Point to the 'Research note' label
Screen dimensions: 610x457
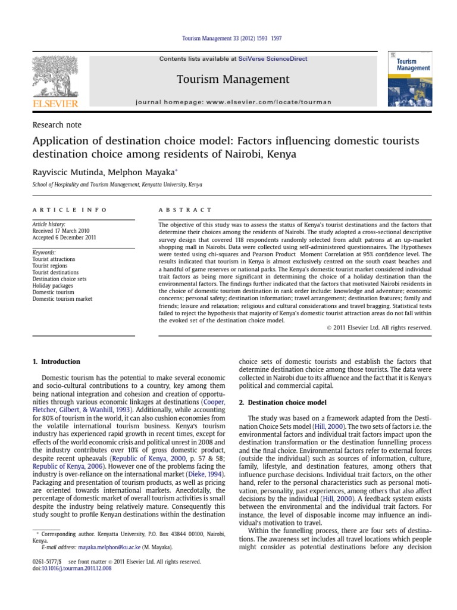[x=57, y=125]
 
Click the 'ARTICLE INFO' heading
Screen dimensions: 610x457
[x=70, y=210]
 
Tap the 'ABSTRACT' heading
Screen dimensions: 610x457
[x=184, y=210]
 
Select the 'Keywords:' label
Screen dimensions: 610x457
[x=44, y=253]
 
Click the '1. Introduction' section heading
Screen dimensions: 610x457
[x=55, y=362]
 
